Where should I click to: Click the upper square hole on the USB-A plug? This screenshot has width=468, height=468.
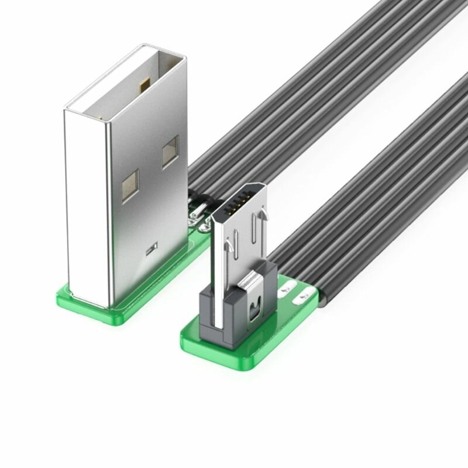(170, 152)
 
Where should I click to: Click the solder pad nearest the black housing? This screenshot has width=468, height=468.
(287, 288)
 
